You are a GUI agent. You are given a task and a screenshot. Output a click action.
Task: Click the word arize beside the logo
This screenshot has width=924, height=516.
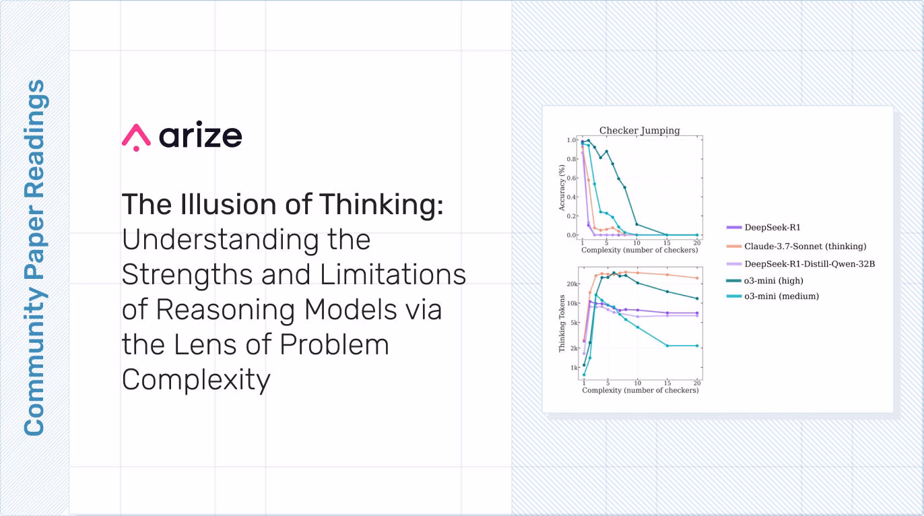(x=201, y=135)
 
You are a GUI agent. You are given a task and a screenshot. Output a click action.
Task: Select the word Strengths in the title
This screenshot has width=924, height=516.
(x=187, y=275)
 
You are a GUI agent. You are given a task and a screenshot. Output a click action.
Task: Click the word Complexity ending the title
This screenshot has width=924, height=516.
(x=196, y=380)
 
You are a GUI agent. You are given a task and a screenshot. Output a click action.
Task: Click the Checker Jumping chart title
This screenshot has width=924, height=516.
(x=639, y=130)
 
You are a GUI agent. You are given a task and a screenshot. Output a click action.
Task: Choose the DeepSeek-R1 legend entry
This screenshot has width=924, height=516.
(x=764, y=227)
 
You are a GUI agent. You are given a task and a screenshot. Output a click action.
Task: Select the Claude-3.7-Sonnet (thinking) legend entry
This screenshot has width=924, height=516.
(x=796, y=247)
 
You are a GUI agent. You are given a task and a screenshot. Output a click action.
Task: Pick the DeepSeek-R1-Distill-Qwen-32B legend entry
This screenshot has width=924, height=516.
(x=800, y=264)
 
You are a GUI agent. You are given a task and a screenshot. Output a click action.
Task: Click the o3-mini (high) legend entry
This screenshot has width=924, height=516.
(x=764, y=281)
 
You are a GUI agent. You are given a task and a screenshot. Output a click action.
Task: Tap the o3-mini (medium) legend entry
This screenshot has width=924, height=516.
(x=772, y=296)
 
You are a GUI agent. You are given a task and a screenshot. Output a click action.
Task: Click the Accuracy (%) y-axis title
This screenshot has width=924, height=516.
(x=562, y=188)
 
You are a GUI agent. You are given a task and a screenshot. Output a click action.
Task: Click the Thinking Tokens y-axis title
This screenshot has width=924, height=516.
(x=562, y=323)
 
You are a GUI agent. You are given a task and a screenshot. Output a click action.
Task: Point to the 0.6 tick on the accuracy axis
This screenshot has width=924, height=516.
(x=571, y=179)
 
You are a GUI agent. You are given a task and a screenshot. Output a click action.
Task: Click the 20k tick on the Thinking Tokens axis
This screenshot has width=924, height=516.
(x=572, y=284)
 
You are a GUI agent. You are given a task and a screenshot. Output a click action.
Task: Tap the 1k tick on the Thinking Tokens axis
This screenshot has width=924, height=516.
(x=574, y=368)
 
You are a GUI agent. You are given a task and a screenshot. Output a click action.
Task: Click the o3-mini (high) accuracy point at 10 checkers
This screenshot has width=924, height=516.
(x=637, y=224)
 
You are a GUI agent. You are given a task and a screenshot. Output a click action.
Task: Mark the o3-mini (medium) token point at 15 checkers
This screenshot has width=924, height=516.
(x=667, y=346)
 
